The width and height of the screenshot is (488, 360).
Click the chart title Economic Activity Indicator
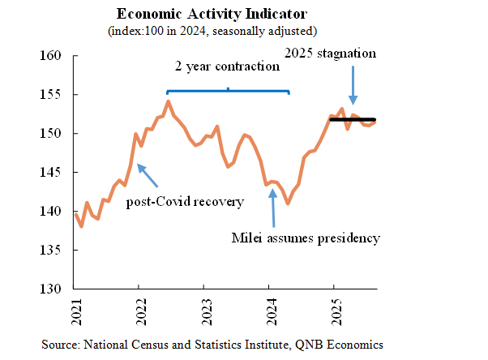coord(212,15)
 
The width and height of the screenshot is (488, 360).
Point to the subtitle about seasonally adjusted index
coord(212,31)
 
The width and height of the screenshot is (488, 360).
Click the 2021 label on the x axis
coord(75,311)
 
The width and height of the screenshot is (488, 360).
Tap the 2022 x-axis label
coord(139,311)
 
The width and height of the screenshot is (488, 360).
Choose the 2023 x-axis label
coord(204,311)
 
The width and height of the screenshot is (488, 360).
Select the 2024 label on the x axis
coord(269,311)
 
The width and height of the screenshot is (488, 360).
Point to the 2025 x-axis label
coord(334,311)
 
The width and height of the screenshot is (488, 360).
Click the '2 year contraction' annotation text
coord(229,67)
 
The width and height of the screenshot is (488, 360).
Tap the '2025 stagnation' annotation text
coord(332,54)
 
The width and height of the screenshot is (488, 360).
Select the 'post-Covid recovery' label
coord(185,201)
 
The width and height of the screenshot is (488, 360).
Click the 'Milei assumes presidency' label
coord(306,238)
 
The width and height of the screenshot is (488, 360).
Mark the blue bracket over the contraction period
coord(228,91)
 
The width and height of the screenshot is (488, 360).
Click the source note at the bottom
coord(212,344)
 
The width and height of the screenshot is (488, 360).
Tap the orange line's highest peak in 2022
coord(168,101)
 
